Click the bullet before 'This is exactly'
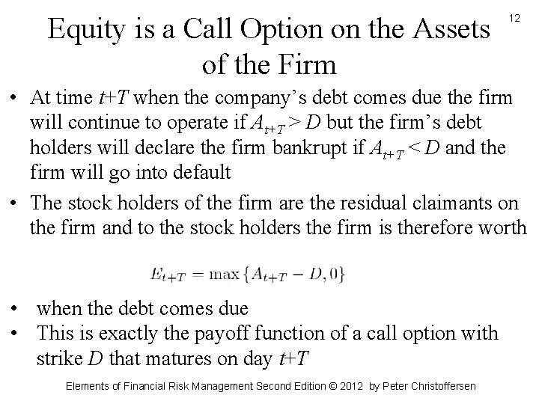[x=14, y=332]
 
